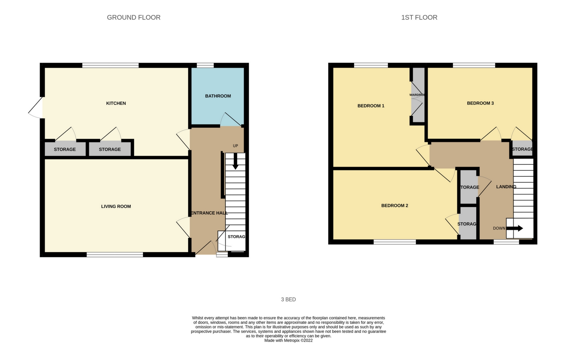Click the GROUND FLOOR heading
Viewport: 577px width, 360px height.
tap(134, 17)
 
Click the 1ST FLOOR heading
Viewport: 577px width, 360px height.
tap(419, 17)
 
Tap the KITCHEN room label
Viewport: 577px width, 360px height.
tap(116, 103)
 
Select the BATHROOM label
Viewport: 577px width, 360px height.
tap(218, 96)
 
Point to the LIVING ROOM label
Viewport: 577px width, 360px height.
tap(116, 206)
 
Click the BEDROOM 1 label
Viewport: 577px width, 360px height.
tap(371, 106)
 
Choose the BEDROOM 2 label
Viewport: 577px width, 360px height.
tap(395, 206)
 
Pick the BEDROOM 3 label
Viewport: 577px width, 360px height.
tap(480, 103)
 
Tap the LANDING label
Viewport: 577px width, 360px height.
tap(506, 187)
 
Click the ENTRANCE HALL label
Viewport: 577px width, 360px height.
tap(209, 213)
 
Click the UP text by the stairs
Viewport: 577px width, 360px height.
tap(235, 146)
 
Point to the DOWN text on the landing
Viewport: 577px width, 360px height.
tap(499, 228)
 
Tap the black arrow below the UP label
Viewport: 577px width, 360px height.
tap(235, 162)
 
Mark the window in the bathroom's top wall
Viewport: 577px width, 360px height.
tap(205, 65)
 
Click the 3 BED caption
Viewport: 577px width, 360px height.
tap(288, 300)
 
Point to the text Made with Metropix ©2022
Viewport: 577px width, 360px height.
tap(288, 340)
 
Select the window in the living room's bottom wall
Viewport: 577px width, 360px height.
tap(115, 255)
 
